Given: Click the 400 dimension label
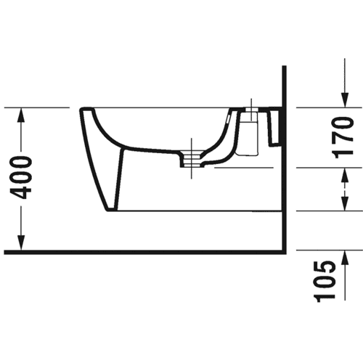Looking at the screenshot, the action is click(x=21, y=178).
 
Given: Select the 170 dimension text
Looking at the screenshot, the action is click(x=342, y=137).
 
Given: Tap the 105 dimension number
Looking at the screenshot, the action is click(x=325, y=282).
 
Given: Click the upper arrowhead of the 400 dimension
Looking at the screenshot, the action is click(x=22, y=115).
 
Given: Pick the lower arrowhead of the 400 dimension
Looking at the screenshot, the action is click(x=22, y=242).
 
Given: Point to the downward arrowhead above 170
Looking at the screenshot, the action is click(x=345, y=99).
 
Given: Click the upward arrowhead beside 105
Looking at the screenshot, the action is click(x=345, y=258).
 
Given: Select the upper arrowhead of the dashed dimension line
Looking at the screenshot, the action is click(x=345, y=175).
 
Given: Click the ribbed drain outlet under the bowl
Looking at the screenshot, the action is click(x=191, y=159).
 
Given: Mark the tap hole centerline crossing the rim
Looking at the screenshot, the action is click(x=252, y=108).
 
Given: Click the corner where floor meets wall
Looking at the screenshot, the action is click(x=285, y=252).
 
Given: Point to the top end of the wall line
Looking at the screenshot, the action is click(x=285, y=66).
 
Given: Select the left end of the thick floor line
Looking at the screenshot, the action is click(x=5, y=252).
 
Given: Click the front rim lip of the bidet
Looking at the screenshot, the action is click(x=86, y=110).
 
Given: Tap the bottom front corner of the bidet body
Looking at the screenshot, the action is click(x=107, y=211).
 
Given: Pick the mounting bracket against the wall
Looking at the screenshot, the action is click(x=275, y=126).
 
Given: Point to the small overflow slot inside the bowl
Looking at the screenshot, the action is click(x=229, y=119).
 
